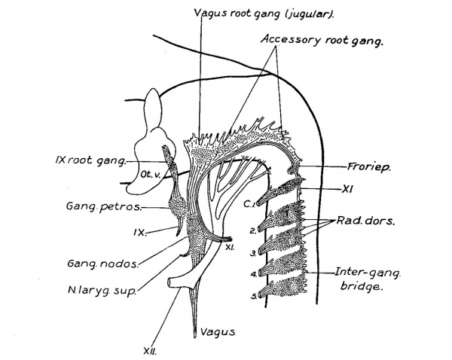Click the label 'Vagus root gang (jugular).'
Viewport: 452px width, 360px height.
pyautogui.click(x=254, y=12)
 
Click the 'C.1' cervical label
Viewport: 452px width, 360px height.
pyautogui.click(x=252, y=203)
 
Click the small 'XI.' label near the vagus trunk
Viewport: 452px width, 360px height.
pyautogui.click(x=230, y=246)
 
